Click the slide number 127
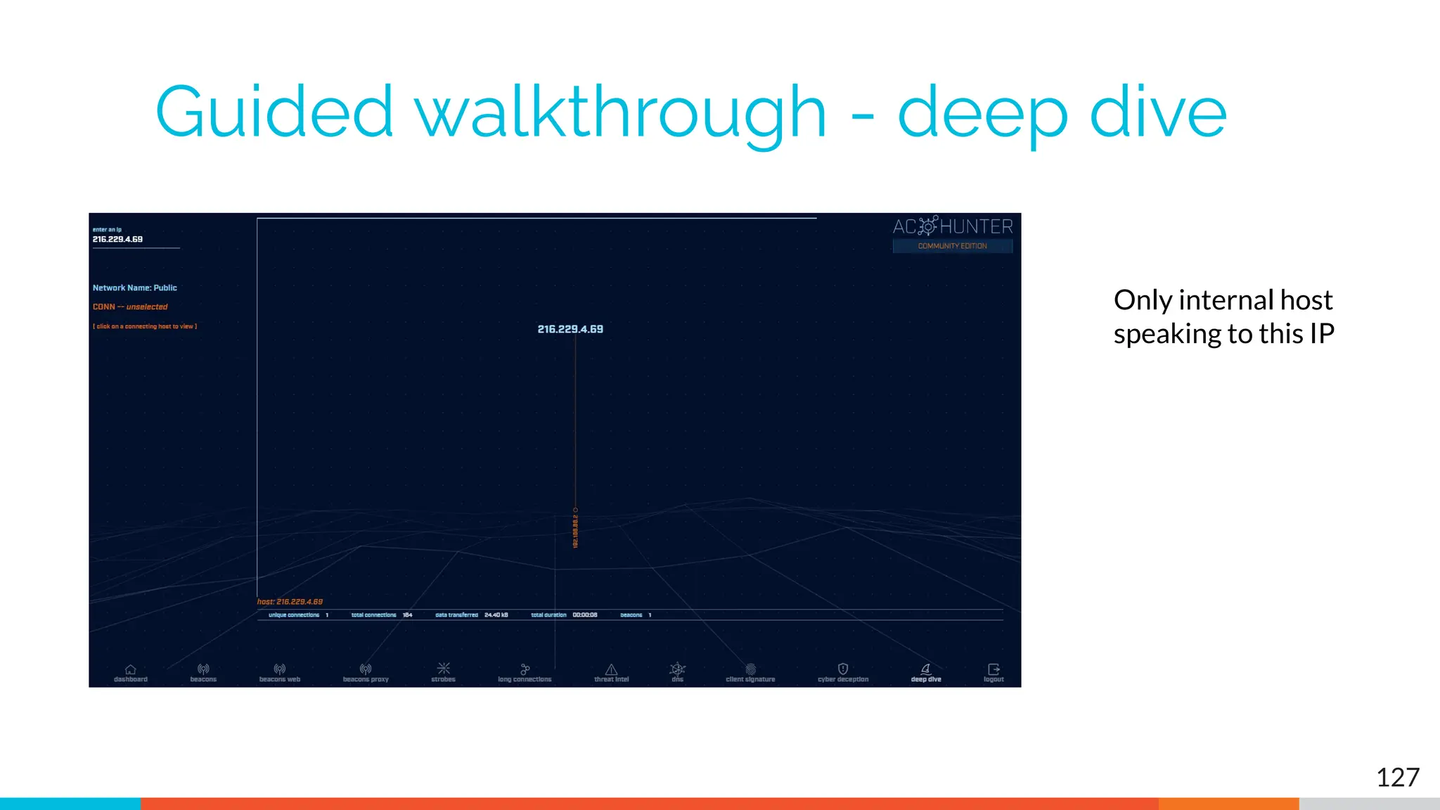pos(1397,778)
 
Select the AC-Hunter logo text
pos(953,226)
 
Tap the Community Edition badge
pos(952,246)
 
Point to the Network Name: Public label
pos(135,288)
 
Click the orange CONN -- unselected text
pos(130,307)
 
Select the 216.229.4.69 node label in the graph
pos(570,329)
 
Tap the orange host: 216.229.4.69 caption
pos(290,602)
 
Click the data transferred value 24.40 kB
pos(496,615)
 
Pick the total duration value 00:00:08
pos(584,615)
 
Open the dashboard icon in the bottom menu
pos(131,669)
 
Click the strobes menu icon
pos(444,669)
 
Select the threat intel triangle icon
pos(612,669)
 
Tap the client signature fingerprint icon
pos(750,669)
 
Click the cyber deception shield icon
pos(843,669)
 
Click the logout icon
pos(994,669)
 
